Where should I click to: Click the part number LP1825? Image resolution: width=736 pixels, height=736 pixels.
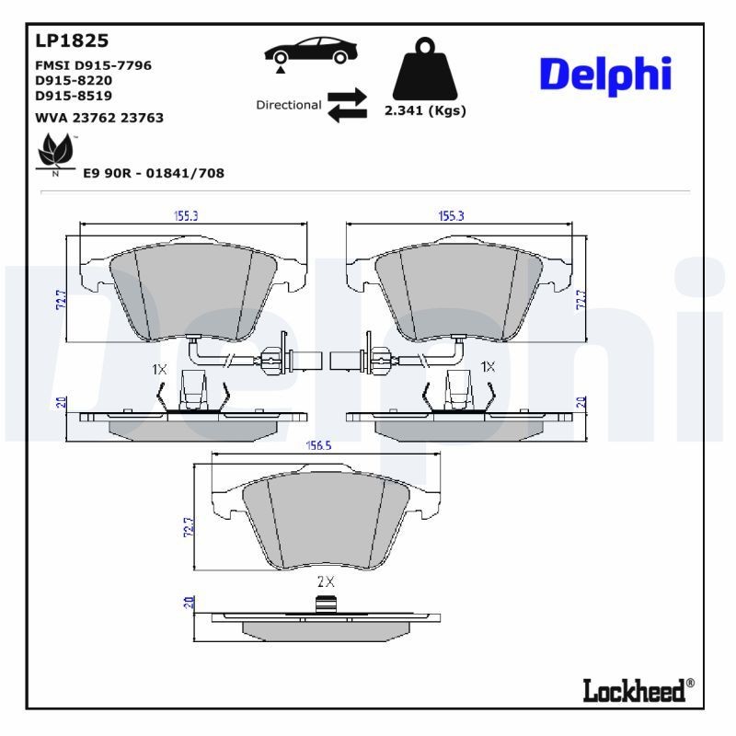tap(72, 40)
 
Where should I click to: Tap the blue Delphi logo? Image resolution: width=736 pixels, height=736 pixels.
tap(604, 75)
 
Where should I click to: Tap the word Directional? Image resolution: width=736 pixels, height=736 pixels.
tap(288, 105)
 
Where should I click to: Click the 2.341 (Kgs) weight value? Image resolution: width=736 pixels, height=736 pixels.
tap(424, 110)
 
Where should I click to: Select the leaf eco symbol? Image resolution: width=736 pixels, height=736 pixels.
tap(56, 152)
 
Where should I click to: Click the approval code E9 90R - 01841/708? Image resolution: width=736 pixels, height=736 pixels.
tap(154, 173)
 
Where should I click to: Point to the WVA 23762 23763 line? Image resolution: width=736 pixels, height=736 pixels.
tap(99, 118)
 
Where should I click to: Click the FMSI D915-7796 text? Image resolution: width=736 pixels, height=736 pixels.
tap(93, 65)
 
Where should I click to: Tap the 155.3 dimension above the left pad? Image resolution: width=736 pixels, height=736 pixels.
tap(187, 215)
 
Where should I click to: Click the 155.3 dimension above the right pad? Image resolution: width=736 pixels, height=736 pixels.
tap(450, 215)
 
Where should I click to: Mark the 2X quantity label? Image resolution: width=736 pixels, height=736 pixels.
tap(325, 581)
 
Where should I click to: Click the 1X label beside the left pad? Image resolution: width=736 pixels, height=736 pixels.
tap(159, 368)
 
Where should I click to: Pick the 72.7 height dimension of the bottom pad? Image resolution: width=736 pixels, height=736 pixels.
tap(190, 527)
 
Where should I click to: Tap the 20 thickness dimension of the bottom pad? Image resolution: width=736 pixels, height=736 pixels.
tap(189, 603)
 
